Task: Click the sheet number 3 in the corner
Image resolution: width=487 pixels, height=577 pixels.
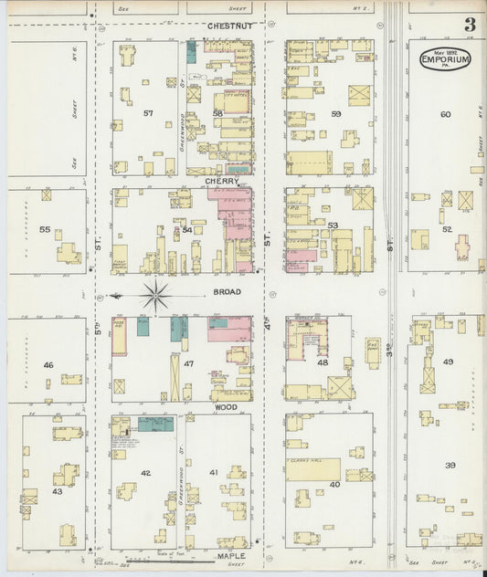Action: tap(469, 25)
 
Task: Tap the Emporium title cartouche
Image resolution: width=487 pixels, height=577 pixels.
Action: tap(445, 59)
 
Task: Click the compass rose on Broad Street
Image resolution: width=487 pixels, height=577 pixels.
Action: tap(156, 295)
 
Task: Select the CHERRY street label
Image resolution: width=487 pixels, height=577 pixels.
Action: tap(222, 181)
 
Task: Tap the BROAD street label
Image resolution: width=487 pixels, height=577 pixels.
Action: tap(228, 292)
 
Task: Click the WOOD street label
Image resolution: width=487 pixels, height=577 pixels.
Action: tap(226, 398)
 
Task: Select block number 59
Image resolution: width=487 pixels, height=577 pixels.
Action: tap(336, 113)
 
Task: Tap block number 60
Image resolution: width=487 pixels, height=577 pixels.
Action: tap(445, 114)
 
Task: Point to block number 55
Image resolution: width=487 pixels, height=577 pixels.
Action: tap(45, 229)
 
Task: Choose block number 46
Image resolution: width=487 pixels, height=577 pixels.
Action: tap(48, 364)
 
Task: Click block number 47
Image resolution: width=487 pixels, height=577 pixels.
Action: tap(188, 363)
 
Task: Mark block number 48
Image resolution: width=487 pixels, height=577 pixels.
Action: tap(322, 362)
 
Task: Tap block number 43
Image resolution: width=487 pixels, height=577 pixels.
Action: tap(57, 491)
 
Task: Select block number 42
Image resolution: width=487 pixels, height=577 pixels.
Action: tap(145, 473)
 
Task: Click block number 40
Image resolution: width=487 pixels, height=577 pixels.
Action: tap(334, 484)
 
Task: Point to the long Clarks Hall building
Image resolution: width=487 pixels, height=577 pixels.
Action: tap(312, 469)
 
